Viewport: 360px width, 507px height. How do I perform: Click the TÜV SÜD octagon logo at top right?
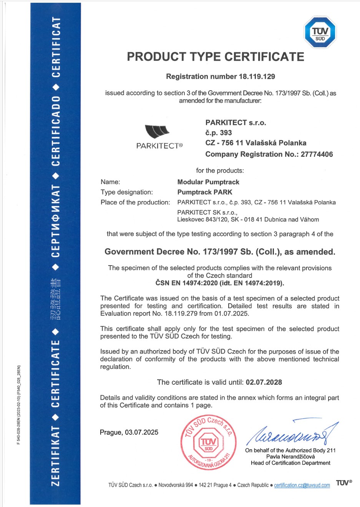[x=320, y=33]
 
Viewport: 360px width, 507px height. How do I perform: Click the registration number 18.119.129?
[x=257, y=76]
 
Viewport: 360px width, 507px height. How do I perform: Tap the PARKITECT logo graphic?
[x=157, y=132]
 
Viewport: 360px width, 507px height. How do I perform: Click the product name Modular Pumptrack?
[x=208, y=182]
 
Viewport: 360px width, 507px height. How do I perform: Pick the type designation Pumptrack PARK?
[x=205, y=192]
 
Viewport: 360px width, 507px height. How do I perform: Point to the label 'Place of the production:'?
[x=135, y=203]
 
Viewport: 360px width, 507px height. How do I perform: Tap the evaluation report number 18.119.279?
[x=181, y=314]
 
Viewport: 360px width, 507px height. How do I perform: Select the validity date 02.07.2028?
[x=264, y=382]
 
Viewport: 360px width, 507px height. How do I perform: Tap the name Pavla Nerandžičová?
[x=290, y=457]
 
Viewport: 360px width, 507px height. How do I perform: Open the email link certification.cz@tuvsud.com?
[x=302, y=485]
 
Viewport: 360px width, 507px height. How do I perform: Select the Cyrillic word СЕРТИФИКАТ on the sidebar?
[x=56, y=221]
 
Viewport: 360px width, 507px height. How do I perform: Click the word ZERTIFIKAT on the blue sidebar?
[x=56, y=455]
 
